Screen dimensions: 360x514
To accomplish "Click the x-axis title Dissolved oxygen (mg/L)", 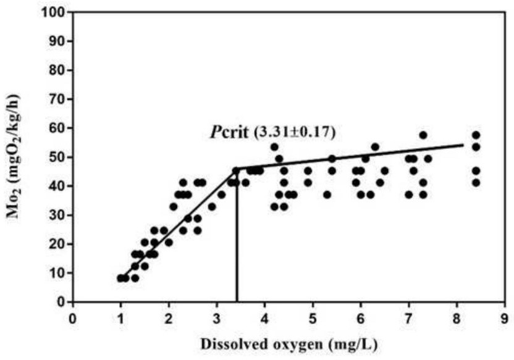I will pyautogui.click(x=289, y=343).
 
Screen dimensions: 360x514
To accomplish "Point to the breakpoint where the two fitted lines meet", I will pyautogui.click(x=237, y=169).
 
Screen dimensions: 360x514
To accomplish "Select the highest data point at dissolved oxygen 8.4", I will pyautogui.click(x=476, y=135).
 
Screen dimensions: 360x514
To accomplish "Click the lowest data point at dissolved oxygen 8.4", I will pyautogui.click(x=476, y=182).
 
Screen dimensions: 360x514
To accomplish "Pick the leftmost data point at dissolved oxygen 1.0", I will pyautogui.click(x=120, y=278).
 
